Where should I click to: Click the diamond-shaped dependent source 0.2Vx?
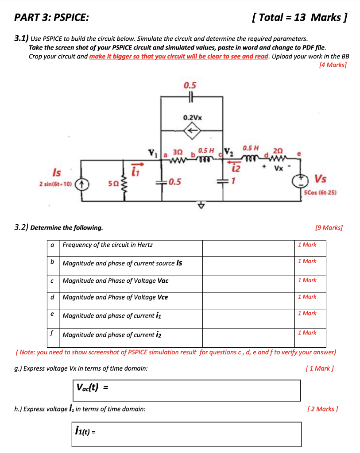tap(191, 131)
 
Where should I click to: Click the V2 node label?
tap(229, 150)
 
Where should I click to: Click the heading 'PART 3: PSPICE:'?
tap(51, 18)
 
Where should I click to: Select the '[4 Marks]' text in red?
tap(333, 65)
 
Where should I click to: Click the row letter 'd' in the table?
tap(53, 297)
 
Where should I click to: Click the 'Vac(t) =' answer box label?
tap(93, 388)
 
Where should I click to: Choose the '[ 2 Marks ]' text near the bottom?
tap(322, 409)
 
